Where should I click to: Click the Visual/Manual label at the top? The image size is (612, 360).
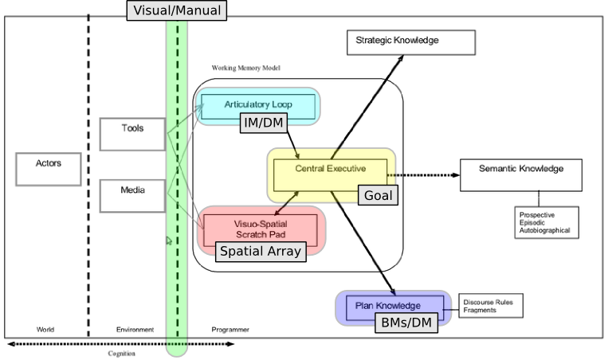(x=177, y=10)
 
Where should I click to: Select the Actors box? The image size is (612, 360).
(x=48, y=169)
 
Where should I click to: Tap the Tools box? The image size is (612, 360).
(x=132, y=134)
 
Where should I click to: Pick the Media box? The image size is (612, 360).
(x=132, y=196)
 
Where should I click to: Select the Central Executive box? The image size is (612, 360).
(x=330, y=169)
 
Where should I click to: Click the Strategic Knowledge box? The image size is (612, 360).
(x=410, y=41)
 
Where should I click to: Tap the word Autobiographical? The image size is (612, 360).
(x=546, y=231)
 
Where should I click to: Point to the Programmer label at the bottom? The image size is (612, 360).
(x=229, y=329)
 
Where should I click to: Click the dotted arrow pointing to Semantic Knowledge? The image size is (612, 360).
(x=426, y=174)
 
